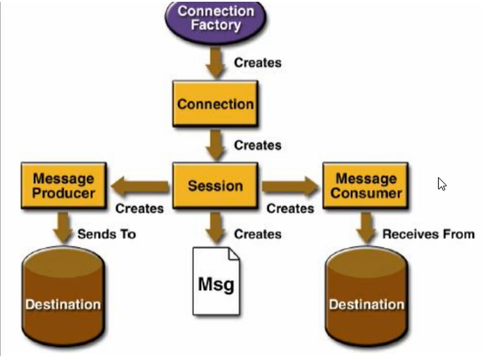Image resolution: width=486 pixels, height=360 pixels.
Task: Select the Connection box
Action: click(x=215, y=104)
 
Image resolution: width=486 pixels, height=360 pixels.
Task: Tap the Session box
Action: click(x=215, y=185)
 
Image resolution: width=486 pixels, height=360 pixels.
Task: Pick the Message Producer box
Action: click(x=64, y=185)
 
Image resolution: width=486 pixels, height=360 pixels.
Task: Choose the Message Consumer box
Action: click(x=366, y=185)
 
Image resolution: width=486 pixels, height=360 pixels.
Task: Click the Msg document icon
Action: click(x=216, y=281)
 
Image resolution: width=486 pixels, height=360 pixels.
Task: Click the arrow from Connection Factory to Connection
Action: click(x=216, y=63)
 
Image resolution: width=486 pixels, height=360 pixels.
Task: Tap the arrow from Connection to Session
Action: click(x=216, y=145)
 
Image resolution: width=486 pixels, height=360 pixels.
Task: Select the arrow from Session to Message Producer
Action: click(x=140, y=187)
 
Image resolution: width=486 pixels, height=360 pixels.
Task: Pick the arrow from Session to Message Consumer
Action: click(x=290, y=187)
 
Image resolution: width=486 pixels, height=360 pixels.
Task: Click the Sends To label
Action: click(x=106, y=234)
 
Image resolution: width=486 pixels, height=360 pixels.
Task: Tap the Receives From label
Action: click(x=429, y=234)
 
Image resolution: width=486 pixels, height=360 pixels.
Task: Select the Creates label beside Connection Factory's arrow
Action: click(x=258, y=63)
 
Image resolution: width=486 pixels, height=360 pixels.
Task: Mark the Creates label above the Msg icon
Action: click(x=258, y=234)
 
